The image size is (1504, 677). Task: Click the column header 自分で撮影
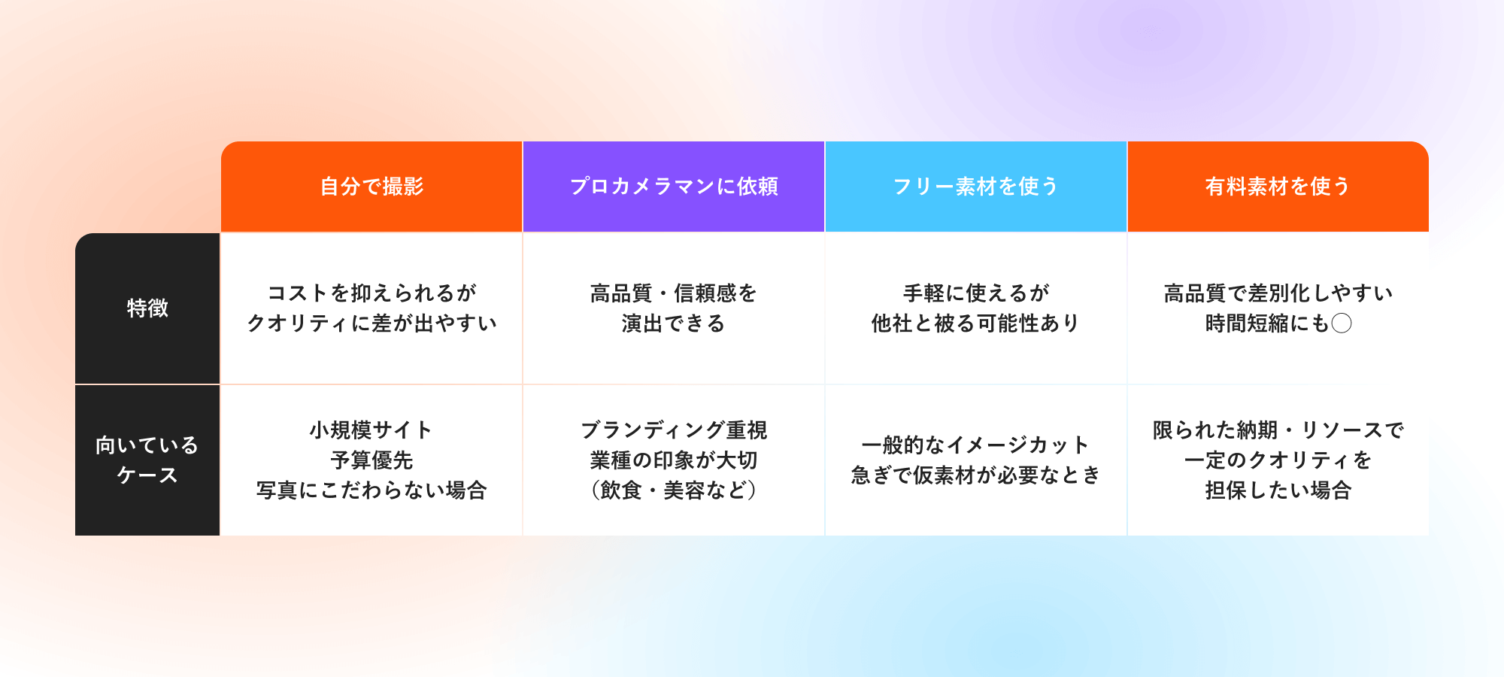tap(371, 187)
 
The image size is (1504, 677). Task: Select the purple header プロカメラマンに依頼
tap(674, 187)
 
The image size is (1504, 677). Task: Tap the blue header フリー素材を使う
tap(975, 187)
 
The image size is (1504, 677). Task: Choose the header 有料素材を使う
tap(1278, 187)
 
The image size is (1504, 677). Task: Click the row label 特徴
tap(147, 308)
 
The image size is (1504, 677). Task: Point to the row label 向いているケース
tap(147, 460)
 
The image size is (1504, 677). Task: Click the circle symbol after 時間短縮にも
tap(1342, 323)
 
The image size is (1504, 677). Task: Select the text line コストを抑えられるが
tap(371, 293)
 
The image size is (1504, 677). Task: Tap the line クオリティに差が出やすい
tap(371, 323)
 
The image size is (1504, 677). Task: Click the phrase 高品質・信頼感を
tap(674, 293)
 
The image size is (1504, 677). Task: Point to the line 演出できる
tap(674, 323)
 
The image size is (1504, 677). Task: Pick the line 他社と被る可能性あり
tap(975, 323)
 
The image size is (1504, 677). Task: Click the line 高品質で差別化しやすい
tap(1278, 293)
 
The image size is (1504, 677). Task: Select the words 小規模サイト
tap(371, 430)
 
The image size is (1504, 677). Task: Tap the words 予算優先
tap(371, 460)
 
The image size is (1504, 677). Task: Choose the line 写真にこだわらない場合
tap(371, 490)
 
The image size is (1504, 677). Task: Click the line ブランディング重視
tap(674, 430)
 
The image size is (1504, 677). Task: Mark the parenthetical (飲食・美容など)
tap(674, 490)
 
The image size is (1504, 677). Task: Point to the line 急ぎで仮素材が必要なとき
tap(975, 475)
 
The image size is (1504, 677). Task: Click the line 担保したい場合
tap(1278, 490)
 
